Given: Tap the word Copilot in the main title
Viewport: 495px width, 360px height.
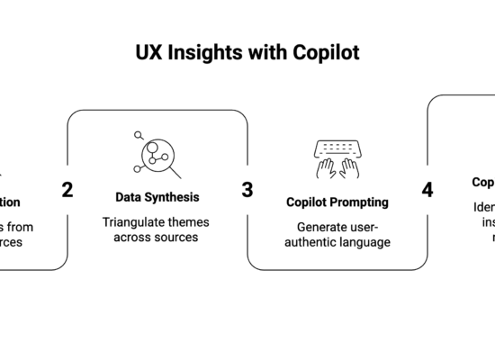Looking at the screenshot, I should [x=325, y=52].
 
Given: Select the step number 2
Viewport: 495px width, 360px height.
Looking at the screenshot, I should [x=67, y=190].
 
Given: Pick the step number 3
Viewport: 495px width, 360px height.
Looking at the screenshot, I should [x=247, y=190].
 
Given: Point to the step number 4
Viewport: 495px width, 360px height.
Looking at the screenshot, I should [x=427, y=190].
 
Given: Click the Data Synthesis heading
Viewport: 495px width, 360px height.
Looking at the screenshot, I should [x=157, y=196].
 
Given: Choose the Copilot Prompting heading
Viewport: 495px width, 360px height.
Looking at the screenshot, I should [x=337, y=202].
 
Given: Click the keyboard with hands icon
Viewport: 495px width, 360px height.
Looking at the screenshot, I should [x=337, y=159].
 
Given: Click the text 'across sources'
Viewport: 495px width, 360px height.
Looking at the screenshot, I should [x=157, y=238].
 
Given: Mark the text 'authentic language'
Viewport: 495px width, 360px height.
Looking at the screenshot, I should [x=337, y=242].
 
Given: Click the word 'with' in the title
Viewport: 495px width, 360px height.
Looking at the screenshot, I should [x=271, y=52].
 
